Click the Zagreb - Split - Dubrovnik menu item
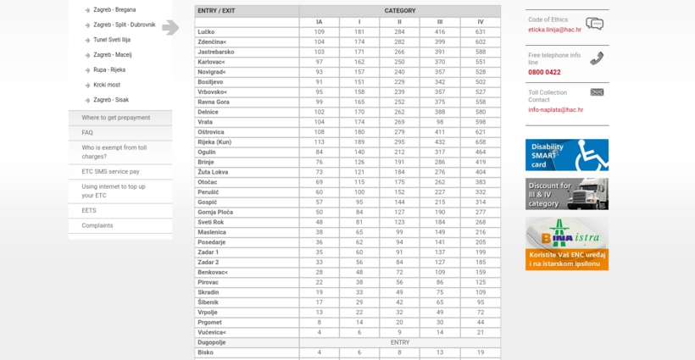[x=124, y=25]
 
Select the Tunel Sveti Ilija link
[x=112, y=40]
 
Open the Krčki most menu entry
[x=107, y=85]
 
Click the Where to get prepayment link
[x=115, y=118]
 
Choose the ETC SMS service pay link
[x=110, y=171]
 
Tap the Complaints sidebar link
[x=97, y=225]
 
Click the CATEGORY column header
[x=399, y=11]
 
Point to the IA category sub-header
[x=319, y=21]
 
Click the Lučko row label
[x=206, y=32]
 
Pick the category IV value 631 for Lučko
[x=481, y=32]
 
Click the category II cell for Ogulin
[x=399, y=152]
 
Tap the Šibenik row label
[x=208, y=302]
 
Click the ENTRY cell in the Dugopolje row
[x=399, y=342]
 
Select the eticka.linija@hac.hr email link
[x=554, y=30]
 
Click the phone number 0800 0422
[x=543, y=72]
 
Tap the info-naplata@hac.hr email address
[x=555, y=109]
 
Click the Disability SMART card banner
[x=566, y=155]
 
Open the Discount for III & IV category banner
[x=566, y=194]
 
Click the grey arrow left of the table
[x=170, y=27]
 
